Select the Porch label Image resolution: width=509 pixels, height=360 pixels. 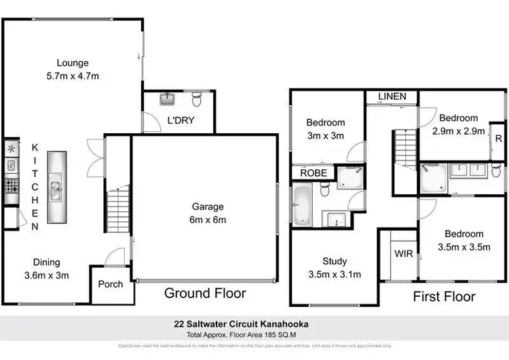(110, 284)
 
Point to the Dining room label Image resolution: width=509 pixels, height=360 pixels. (47, 268)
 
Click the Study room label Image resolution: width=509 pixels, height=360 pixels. (335, 268)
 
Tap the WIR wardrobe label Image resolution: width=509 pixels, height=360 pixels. (402, 253)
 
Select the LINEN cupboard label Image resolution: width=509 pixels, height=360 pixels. (392, 96)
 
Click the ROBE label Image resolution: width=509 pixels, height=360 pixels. (313, 173)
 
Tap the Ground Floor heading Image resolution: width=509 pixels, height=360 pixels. (205, 293)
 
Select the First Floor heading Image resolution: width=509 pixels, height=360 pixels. (444, 296)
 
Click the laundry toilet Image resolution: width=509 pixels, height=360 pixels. (197, 101)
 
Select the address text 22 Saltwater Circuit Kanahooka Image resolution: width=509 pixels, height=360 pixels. (254, 324)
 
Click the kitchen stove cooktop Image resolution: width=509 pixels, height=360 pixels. (12, 183)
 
